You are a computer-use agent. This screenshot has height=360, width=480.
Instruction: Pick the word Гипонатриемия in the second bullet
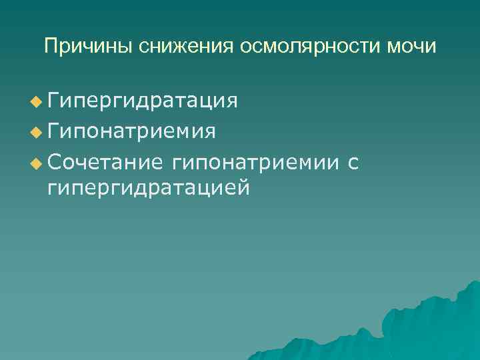point(131,131)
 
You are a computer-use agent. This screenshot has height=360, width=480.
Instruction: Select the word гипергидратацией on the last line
point(149,189)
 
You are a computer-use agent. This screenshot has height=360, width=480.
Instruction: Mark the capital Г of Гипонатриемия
point(54,131)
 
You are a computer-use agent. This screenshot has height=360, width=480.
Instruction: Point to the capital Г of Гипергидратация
point(54,101)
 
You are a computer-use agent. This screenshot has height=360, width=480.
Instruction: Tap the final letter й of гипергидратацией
point(244,188)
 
